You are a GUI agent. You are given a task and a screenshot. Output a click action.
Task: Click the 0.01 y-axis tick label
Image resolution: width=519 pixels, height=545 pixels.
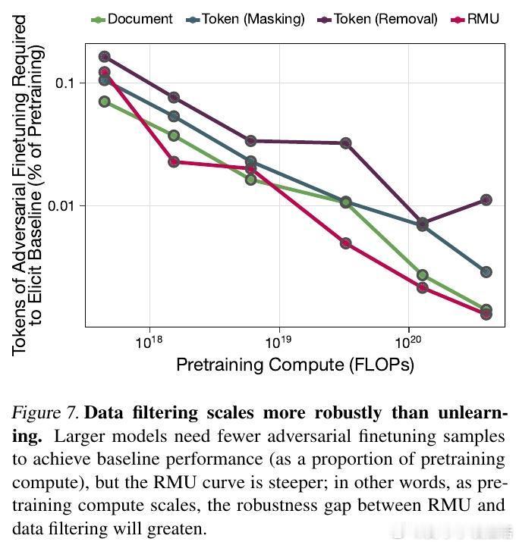(x=63, y=206)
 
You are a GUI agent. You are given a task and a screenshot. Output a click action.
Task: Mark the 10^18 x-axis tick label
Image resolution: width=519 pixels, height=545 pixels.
(x=151, y=343)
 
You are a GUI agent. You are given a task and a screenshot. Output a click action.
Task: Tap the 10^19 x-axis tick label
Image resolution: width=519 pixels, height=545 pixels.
(x=279, y=343)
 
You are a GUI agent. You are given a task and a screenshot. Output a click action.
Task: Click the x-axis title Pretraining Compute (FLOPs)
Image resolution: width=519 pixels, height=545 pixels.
(x=295, y=365)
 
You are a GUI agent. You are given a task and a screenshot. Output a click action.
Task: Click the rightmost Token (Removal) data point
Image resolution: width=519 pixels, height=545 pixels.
(x=486, y=200)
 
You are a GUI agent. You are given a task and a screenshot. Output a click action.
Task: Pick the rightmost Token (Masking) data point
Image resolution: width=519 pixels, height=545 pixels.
(x=486, y=271)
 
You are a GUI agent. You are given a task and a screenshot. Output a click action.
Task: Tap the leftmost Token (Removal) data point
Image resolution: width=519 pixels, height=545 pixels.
(x=105, y=57)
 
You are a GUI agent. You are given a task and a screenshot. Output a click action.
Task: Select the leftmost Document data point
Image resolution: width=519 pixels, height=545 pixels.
(x=105, y=102)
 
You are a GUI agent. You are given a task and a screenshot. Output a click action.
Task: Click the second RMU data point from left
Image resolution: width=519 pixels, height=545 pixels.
(x=174, y=161)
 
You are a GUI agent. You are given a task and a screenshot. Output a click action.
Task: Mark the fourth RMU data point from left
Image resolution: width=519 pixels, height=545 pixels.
(x=346, y=243)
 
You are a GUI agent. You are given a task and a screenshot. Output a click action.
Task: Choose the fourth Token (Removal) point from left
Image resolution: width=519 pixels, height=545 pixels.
(x=346, y=143)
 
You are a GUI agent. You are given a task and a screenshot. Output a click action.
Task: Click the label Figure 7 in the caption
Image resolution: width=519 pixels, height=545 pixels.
(x=45, y=414)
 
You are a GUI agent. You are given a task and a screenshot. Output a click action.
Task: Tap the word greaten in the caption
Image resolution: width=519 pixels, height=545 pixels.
(x=176, y=529)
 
